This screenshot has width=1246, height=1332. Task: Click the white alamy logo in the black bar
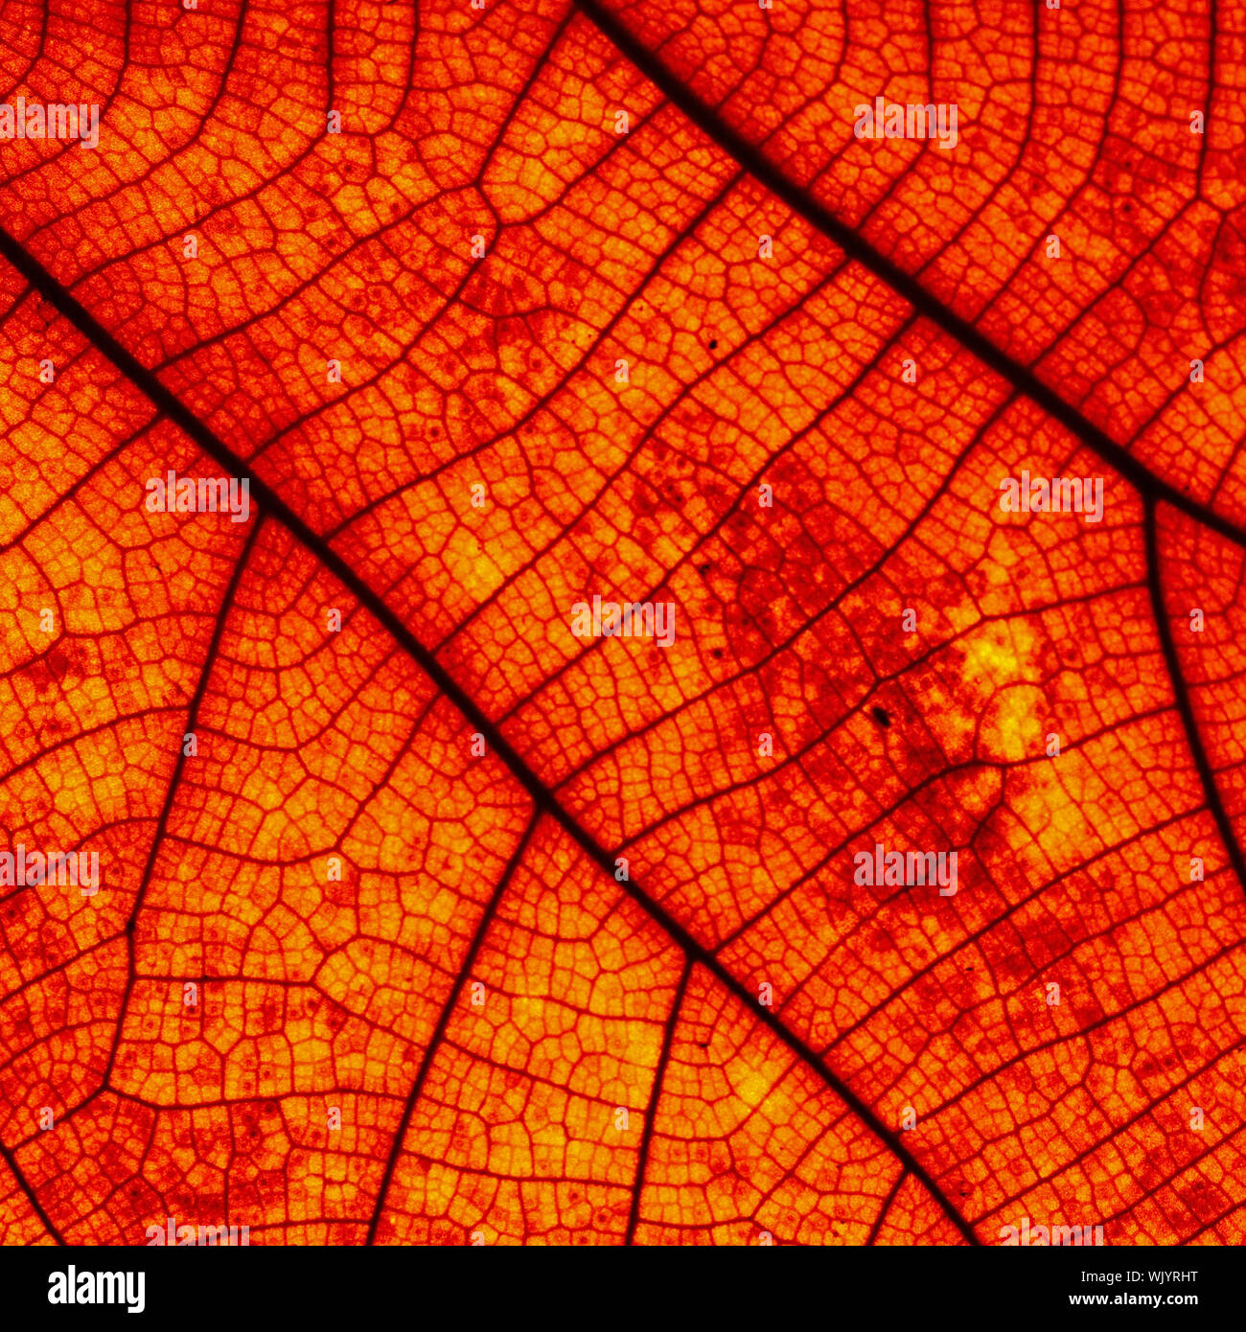96,1289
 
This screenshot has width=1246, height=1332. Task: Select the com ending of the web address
1182,1300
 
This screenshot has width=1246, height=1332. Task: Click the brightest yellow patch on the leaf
1002,661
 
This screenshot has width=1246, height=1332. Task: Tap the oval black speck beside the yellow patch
880,715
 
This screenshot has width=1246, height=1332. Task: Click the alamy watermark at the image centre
623,621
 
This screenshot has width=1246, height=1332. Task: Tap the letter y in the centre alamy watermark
665,624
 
